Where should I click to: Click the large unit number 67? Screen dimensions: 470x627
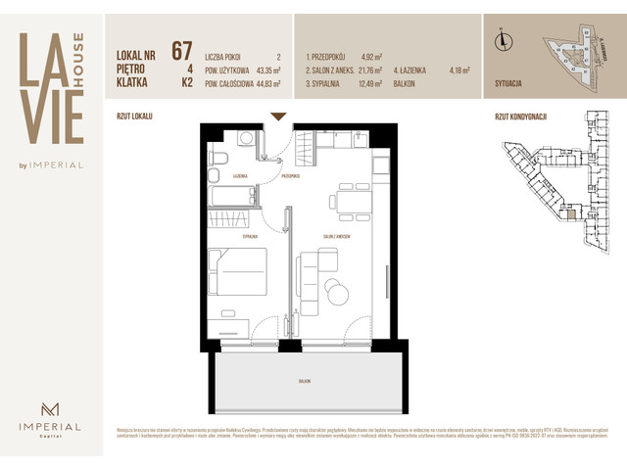[181, 50]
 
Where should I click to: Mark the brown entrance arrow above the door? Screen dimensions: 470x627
[278, 117]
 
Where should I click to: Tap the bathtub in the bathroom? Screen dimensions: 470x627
[233, 196]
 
